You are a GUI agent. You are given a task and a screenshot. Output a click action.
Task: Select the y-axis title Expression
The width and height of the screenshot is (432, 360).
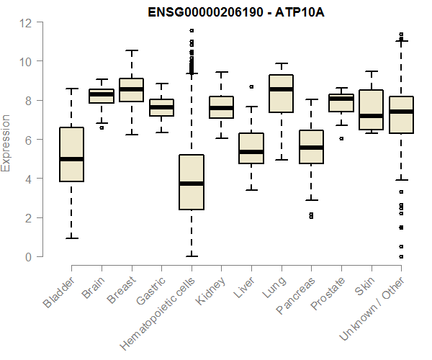tap(6, 143)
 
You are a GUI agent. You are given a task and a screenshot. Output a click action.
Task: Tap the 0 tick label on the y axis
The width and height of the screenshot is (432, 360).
tap(29, 256)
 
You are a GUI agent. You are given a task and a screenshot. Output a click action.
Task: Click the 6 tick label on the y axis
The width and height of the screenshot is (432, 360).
tap(29, 140)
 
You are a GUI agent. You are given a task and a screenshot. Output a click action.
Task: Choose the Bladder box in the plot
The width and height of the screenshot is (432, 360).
tap(71, 154)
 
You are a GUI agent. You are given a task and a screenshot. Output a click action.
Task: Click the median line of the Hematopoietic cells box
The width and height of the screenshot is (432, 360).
tap(191, 184)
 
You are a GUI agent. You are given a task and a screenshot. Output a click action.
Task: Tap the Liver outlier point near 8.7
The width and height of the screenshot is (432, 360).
tap(251, 86)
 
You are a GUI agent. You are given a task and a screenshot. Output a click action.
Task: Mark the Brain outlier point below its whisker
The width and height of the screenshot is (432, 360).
tap(101, 127)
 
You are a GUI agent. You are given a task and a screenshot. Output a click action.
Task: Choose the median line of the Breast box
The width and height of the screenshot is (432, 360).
tap(131, 89)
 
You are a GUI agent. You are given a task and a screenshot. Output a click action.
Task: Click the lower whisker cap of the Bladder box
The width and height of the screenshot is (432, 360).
tap(71, 238)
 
